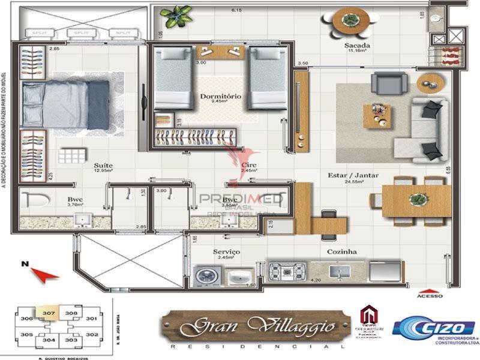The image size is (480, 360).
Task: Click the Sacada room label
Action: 356,46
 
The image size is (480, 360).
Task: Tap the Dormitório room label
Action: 221,96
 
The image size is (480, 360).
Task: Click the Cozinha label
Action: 343,252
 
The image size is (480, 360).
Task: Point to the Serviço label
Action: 226,252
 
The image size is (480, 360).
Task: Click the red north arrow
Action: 44,274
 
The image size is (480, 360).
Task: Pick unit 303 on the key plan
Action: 71,340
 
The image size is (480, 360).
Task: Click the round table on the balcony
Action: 347,22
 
